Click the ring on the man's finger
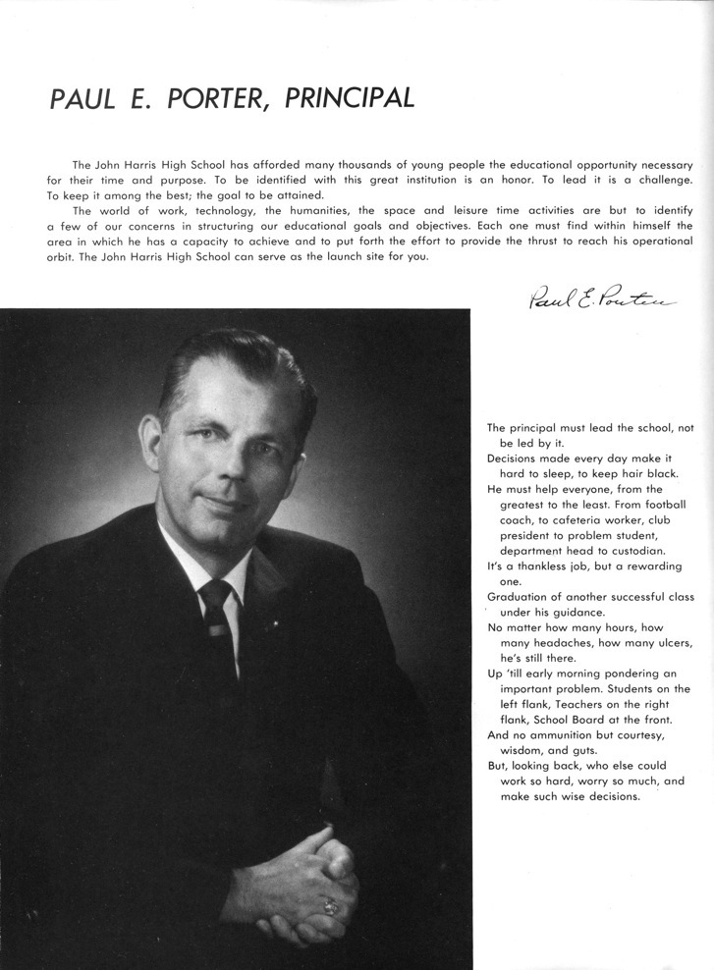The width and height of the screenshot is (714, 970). coord(331,903)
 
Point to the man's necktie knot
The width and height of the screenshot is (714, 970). coord(216,593)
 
